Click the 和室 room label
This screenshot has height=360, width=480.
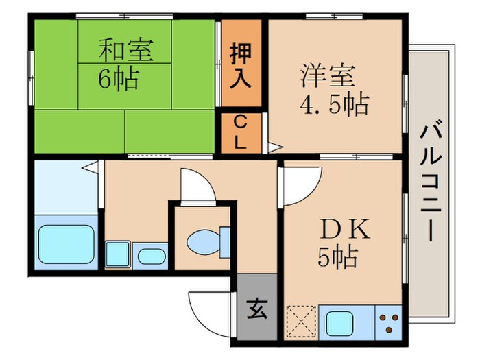pos(125,51)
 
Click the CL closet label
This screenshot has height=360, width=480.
pos(241,133)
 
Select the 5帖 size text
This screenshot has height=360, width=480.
pos(337,257)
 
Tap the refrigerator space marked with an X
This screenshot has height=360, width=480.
pos(301,320)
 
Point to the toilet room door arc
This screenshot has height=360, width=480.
pos(197,184)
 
